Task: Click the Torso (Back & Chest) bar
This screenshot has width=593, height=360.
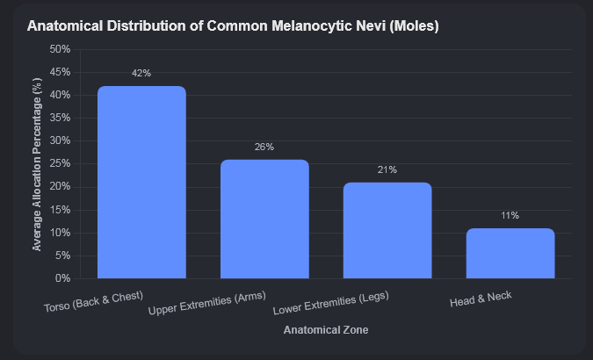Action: (141, 183)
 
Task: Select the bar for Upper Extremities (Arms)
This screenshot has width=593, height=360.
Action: (264, 219)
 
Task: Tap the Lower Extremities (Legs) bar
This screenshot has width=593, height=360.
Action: (387, 230)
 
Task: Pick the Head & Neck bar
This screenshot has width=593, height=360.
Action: (510, 254)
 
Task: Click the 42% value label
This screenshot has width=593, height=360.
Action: (141, 74)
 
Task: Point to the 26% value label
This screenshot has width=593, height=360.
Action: (264, 147)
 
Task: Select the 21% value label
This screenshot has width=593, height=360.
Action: (387, 169)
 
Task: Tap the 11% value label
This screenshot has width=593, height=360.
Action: (510, 215)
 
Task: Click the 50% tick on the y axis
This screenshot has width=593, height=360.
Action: (60, 49)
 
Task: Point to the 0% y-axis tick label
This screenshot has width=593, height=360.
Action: (62, 278)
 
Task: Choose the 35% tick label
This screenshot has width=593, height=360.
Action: (60, 118)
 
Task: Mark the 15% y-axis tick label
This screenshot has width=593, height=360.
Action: (60, 210)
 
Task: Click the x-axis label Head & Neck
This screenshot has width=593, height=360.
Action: (481, 299)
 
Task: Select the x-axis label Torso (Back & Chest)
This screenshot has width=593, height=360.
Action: (93, 301)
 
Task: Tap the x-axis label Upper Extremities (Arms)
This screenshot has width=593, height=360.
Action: (207, 303)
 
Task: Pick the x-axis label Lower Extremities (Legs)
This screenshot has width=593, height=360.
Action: (331, 303)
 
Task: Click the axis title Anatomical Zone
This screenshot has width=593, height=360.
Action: (326, 330)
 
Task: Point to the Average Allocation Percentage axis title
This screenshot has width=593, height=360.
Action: (37, 164)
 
